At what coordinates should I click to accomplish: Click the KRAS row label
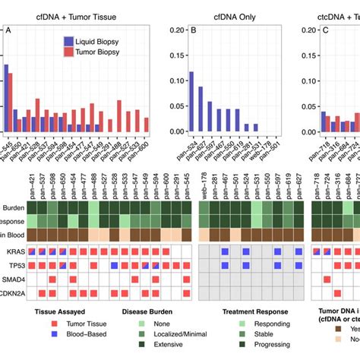coord(13,251)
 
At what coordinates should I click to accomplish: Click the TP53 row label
coord(13,266)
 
